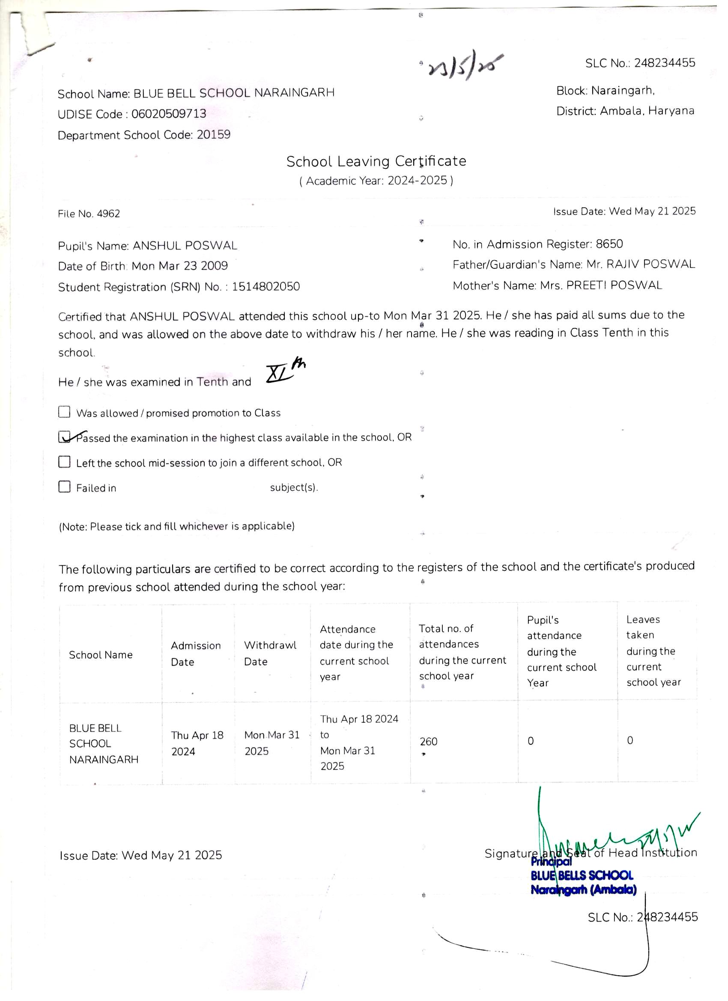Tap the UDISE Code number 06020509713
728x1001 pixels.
coord(169,114)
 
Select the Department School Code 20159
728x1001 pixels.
coord(214,134)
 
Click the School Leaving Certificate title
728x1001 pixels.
coord(376,161)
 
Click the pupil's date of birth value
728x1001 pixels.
coord(180,266)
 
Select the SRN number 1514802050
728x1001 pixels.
coord(266,287)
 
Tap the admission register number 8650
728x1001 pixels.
coord(609,244)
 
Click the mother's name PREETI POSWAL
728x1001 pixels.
coord(614,286)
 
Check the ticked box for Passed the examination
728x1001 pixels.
coord(65,437)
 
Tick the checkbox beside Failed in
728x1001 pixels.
coord(65,487)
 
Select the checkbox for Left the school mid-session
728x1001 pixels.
coord(65,462)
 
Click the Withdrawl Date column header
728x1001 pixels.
coord(270,653)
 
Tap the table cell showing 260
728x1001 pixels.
coord(428,742)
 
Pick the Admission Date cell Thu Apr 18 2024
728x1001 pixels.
coord(197,743)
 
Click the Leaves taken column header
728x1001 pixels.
coord(653,651)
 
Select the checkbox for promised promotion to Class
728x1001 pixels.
coord(65,412)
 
